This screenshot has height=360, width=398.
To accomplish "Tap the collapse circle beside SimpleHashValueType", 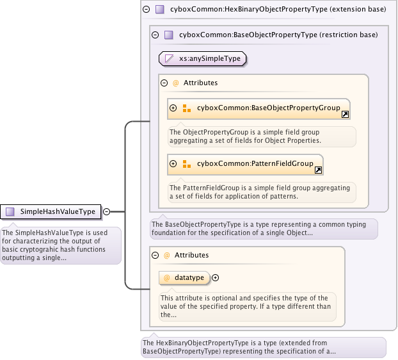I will (x=107, y=211).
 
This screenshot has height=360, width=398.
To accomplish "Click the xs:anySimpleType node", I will (x=202, y=59).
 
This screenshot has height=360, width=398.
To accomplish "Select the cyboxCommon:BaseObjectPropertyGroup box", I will (x=259, y=108).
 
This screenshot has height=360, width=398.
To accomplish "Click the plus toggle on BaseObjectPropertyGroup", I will (x=173, y=108).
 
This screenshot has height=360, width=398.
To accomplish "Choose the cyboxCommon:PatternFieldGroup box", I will (x=245, y=164).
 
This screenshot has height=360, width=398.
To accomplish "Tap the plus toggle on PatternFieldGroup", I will (x=173, y=164).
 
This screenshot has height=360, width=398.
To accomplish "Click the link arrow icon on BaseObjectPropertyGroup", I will (x=345, y=115).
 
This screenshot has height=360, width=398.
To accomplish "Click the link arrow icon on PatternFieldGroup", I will (x=318, y=170).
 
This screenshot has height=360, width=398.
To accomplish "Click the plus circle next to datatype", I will (x=216, y=277).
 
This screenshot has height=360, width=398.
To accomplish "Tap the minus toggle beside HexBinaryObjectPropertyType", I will (x=147, y=10).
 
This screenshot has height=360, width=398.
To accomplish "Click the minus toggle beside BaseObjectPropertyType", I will (x=155, y=35).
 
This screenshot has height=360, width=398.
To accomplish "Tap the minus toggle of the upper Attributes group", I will (x=164, y=83).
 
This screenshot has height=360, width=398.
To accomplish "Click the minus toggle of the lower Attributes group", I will (x=155, y=255).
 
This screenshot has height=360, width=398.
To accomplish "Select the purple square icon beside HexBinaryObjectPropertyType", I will (x=160, y=10).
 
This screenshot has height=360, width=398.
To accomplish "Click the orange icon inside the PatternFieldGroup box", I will (x=186, y=164).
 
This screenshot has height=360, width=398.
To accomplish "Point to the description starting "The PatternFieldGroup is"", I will (x=261, y=192).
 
